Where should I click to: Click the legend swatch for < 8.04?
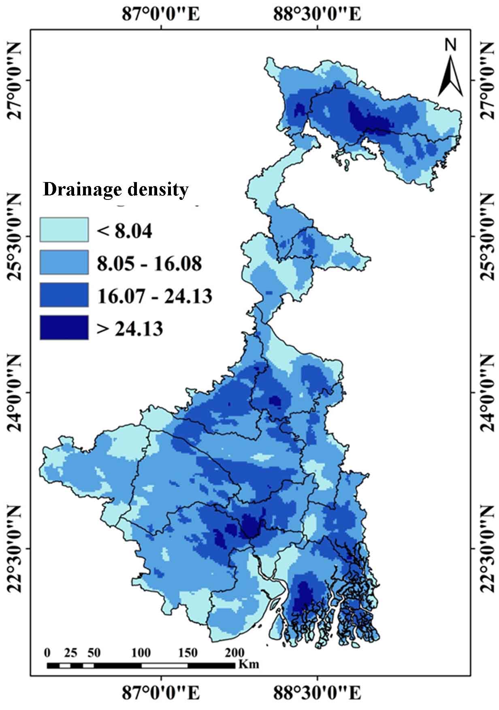64,230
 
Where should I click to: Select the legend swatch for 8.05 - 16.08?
64,263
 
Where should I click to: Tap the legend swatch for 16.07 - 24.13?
64,295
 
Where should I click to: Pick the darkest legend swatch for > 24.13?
64,327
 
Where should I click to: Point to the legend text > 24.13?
130,328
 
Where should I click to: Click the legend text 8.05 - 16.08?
149,263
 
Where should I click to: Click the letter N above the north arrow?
451,45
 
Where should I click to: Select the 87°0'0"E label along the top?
161,14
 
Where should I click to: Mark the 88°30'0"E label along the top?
317,14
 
